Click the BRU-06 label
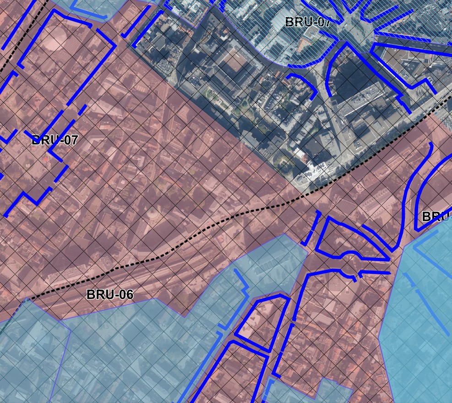coord(110,294)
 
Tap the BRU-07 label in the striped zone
coord(307,22)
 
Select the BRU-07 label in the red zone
coord(54,140)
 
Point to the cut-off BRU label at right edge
coord(436,216)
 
